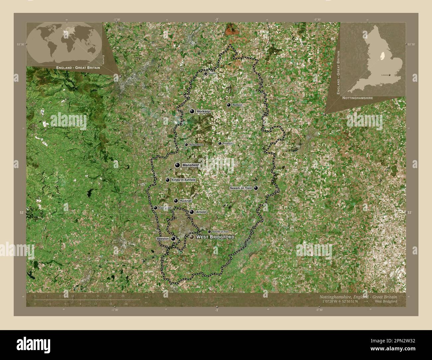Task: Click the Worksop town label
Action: pos(203,111)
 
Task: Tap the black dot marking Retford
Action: pos(229,105)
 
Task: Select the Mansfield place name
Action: pos(190,165)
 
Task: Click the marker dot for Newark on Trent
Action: pos(256,188)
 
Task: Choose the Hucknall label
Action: pos(185,201)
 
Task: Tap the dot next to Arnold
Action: pos(192,212)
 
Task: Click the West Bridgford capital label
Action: pos(215,237)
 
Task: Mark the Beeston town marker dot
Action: pos(173,238)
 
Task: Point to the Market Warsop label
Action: pos(196,145)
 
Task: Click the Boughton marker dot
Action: pos(220,143)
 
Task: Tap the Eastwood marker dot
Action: pos(156,208)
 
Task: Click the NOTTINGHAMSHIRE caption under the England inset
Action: pos(356,99)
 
